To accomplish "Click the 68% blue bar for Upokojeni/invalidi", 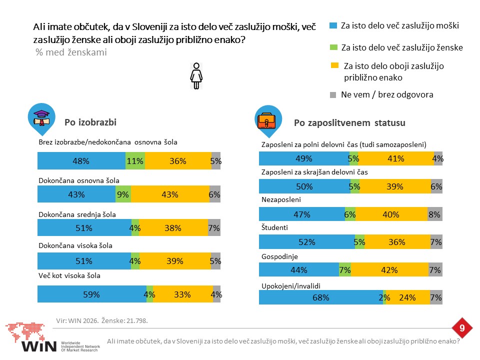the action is click(321, 297).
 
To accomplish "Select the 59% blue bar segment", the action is click(92, 294).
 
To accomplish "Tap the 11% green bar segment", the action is click(135, 160).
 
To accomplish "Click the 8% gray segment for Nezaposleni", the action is click(434, 214).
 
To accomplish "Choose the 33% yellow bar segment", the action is click(183, 294).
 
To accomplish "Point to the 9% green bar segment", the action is click(123, 194).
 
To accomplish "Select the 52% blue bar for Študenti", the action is click(306, 242).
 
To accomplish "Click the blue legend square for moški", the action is click(333, 25).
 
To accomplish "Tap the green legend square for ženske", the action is click(333, 47).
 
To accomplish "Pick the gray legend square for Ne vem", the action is click(333, 95).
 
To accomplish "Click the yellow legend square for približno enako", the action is click(334, 65).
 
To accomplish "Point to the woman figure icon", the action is click(196, 76).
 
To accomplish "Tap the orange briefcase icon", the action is click(266, 120).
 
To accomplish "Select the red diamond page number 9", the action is click(462, 328).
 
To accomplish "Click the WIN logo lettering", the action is click(39, 346).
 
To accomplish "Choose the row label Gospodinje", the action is click(279, 256).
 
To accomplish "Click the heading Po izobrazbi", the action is click(90, 122).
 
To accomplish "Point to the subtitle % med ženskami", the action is click(71, 52).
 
